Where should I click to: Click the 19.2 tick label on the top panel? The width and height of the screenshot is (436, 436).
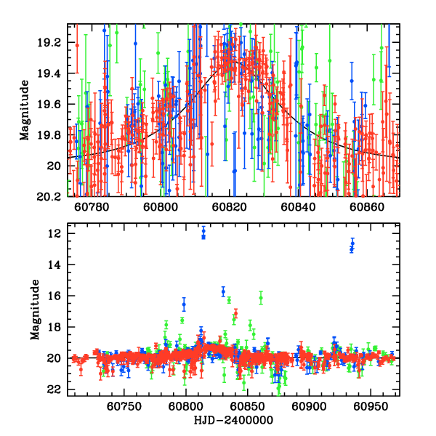[52, 43]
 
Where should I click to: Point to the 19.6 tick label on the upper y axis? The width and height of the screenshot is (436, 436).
[52, 105]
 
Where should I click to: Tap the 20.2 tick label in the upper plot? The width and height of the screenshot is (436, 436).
[52, 196]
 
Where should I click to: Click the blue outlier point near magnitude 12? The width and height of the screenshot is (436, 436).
[203, 233]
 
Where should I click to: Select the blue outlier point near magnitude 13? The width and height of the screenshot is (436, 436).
[352, 246]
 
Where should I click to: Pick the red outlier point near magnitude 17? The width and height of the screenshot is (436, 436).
[235, 313]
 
